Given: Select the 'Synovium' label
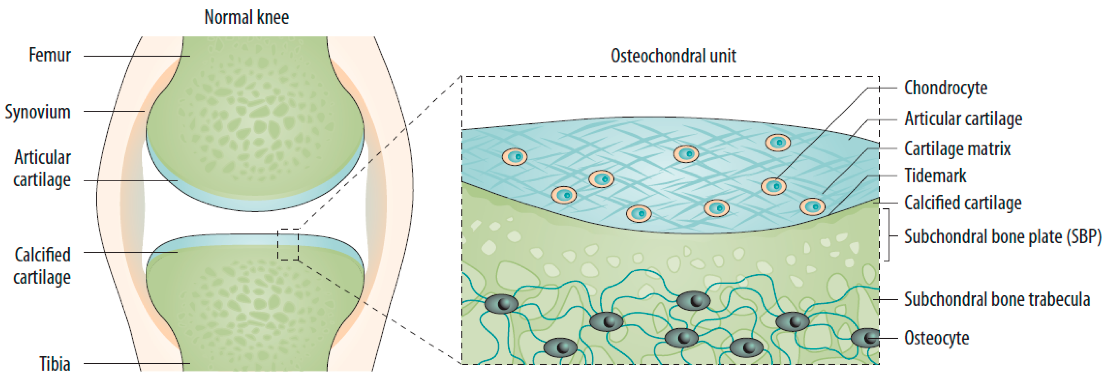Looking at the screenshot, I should (x=38, y=112).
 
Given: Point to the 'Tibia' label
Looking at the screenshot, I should (x=55, y=364).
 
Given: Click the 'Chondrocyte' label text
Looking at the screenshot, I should (x=946, y=88).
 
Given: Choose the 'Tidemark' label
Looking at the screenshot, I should (x=935, y=175).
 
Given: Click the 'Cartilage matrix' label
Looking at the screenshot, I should (x=957, y=149).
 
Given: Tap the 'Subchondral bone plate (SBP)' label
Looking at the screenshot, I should (x=1002, y=236).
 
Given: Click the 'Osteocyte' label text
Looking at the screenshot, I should (x=936, y=338).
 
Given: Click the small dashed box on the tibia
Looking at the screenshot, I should (x=288, y=245).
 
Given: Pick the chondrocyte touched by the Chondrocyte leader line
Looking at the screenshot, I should (x=773, y=186).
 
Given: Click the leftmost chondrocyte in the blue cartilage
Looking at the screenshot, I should (x=514, y=156).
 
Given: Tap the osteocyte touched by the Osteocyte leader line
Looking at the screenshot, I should (x=865, y=338).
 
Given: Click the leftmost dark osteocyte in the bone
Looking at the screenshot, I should (x=501, y=304).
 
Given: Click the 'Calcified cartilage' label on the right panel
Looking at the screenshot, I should (x=963, y=202).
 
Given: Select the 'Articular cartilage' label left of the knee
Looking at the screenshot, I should (x=42, y=168).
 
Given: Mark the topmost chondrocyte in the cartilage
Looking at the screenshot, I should (x=778, y=142).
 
